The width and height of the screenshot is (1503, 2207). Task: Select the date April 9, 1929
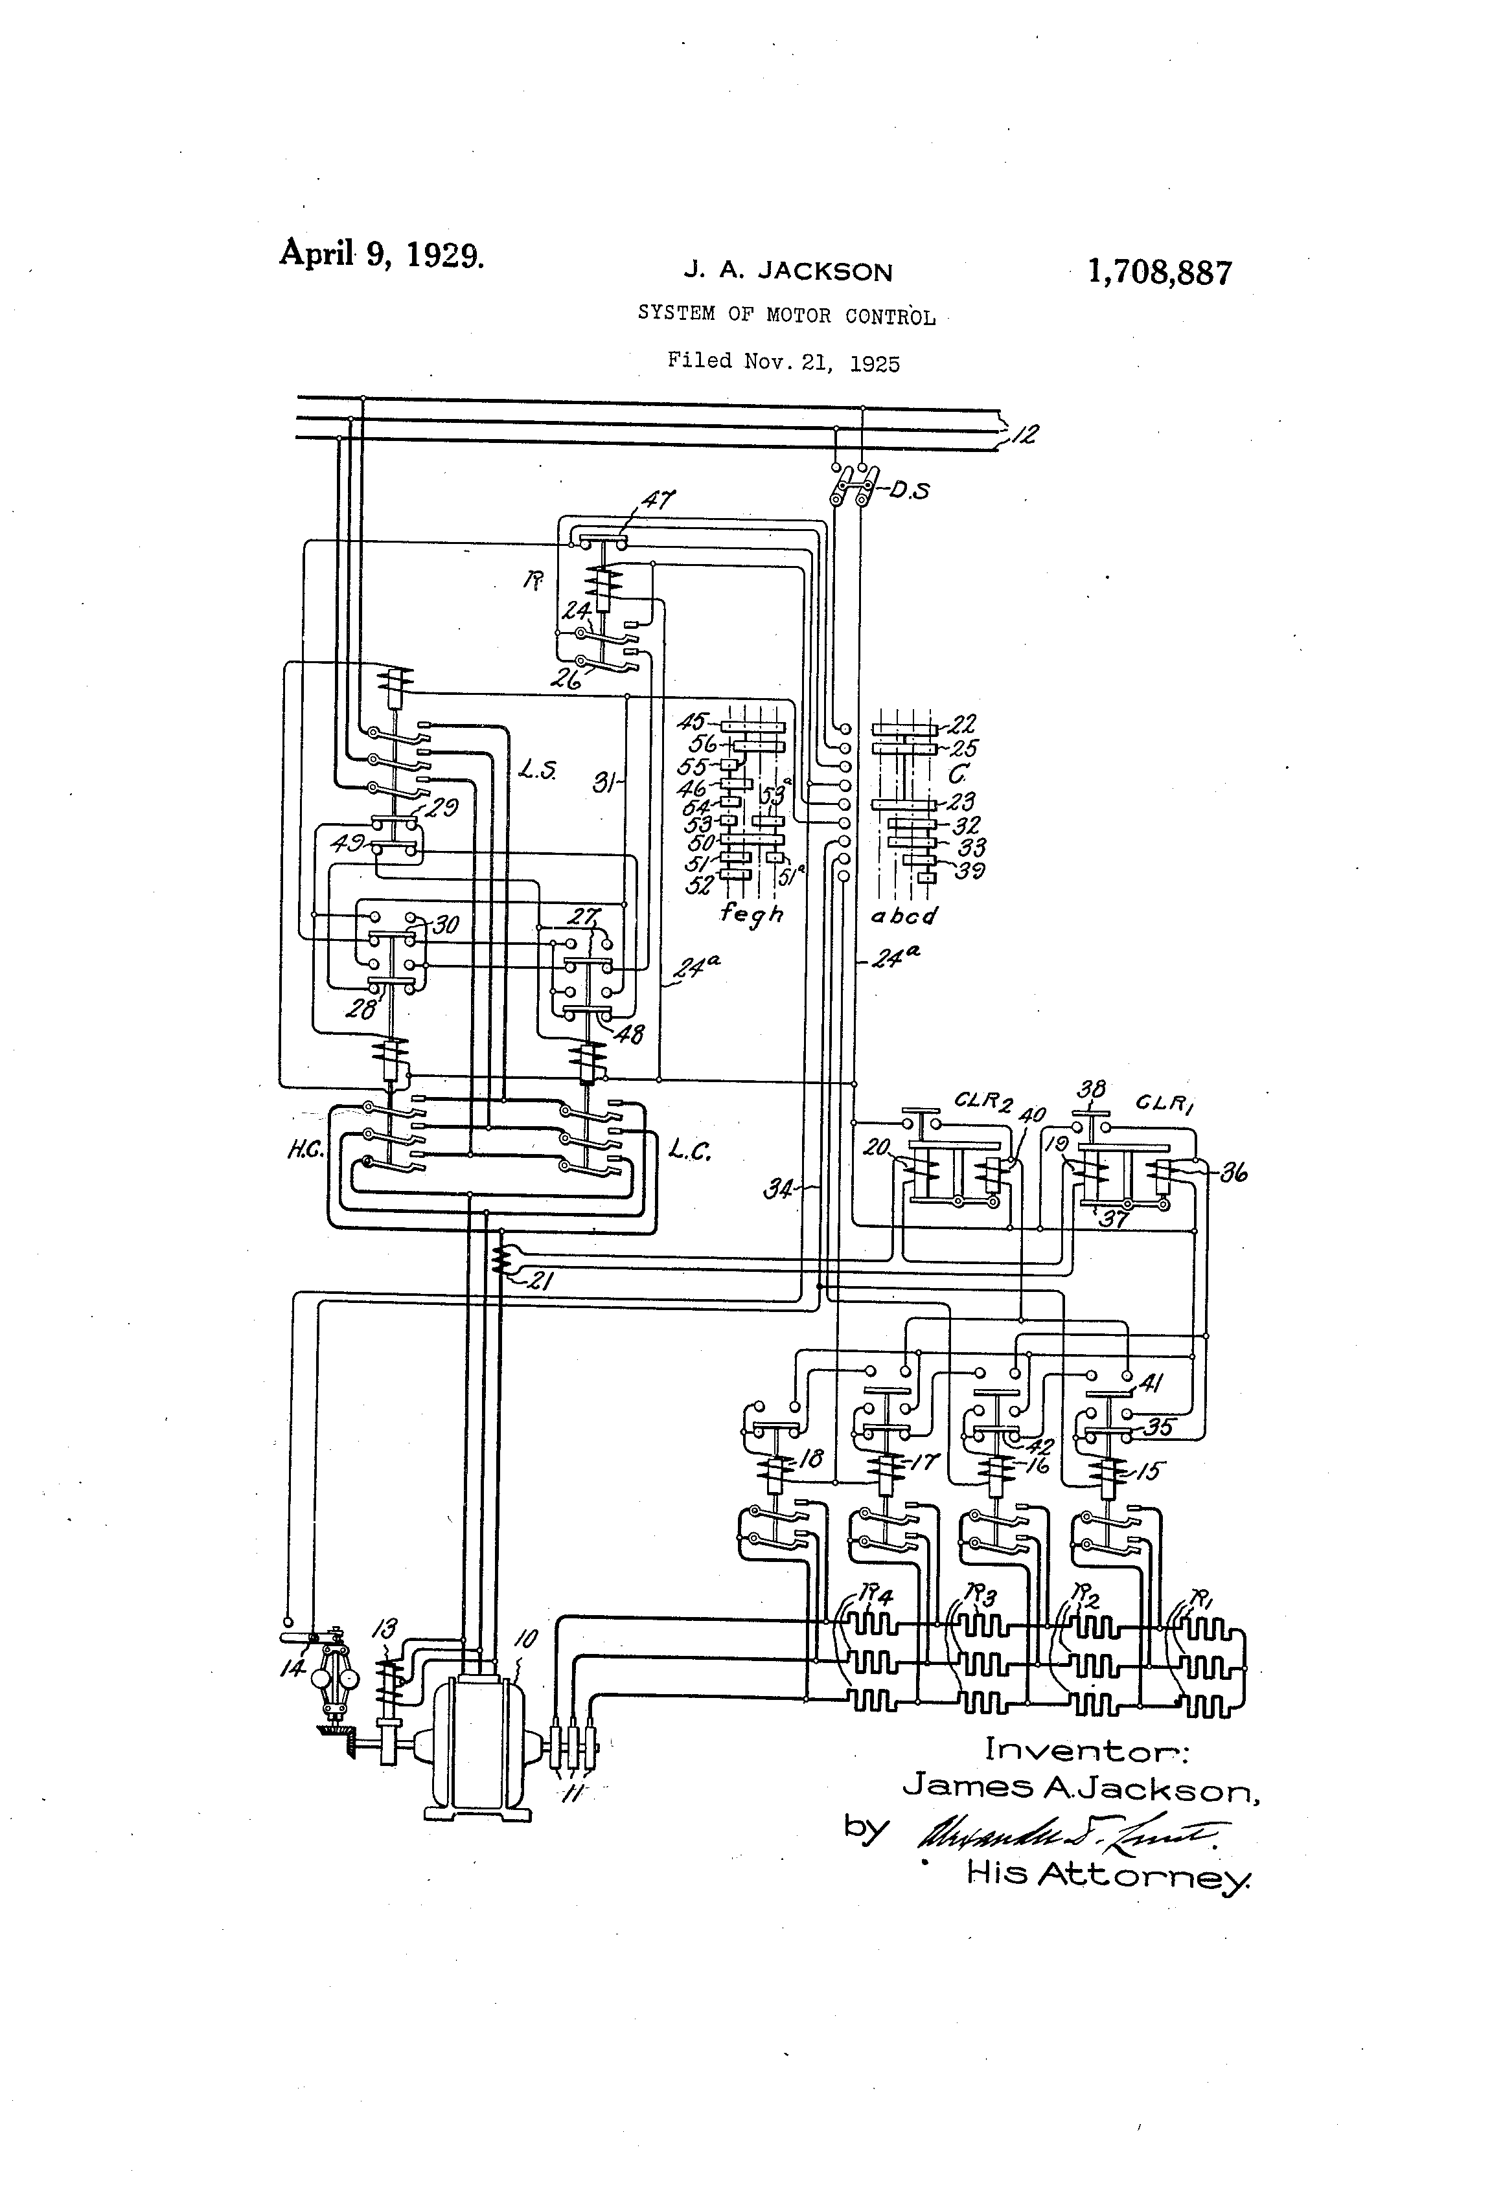click(381, 255)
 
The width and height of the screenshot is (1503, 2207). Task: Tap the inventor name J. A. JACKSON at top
click(788, 273)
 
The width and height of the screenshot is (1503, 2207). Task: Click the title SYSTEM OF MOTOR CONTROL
click(786, 316)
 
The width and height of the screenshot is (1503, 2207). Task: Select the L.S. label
click(538, 770)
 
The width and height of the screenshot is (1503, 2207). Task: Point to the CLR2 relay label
click(983, 1102)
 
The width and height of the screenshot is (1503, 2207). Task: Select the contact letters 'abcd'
click(904, 916)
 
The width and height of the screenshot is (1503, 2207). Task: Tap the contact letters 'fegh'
click(751, 914)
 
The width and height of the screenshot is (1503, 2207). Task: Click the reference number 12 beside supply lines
click(1025, 435)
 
